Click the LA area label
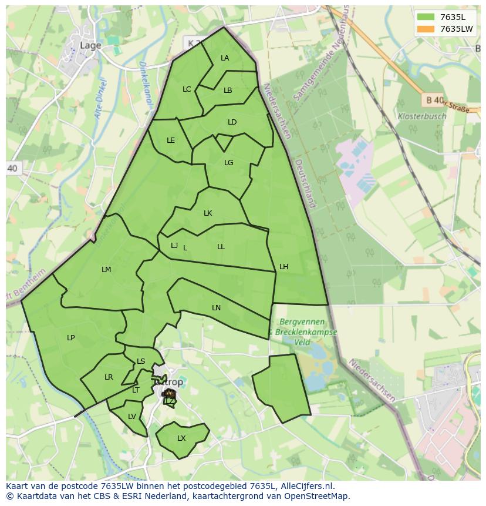[225, 58]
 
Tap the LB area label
[228, 91]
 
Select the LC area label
[187, 89]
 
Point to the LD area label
[232, 122]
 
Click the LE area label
[171, 140]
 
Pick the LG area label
[228, 163]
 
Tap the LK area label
[208, 213]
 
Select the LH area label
[283, 267]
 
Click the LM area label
[106, 270]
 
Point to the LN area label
[216, 308]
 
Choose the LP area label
[71, 338]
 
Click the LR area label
[109, 377]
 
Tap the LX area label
[181, 438]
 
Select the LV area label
[132, 417]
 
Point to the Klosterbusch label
[421, 116]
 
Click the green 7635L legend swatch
[426, 17]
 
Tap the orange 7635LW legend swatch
[426, 29]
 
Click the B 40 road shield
[434, 100]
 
